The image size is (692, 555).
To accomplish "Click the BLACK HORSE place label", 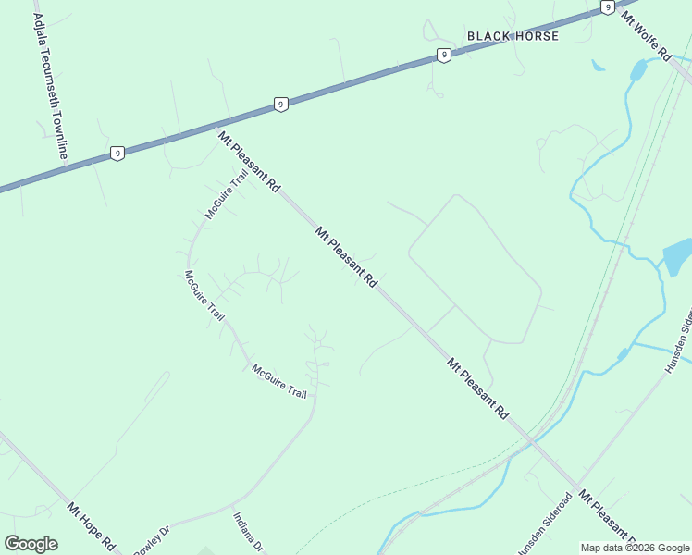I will [513, 36].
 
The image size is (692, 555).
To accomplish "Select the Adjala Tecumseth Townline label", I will [50, 86].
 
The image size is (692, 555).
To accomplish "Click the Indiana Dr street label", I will [248, 532].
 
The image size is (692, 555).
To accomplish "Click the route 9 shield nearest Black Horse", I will [445, 55].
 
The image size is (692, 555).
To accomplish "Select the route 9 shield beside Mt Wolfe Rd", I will [607, 7].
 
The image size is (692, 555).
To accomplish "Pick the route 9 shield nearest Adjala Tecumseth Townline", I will [117, 154].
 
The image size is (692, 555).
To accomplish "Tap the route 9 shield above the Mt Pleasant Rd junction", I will [280, 105].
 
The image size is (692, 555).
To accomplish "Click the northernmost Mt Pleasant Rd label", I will [249, 161].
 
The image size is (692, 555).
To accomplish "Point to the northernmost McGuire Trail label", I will [226, 194].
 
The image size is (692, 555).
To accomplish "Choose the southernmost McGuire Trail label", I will [278, 381].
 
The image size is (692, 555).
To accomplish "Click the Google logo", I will [31, 543].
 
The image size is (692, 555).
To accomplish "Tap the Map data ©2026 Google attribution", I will [635, 548].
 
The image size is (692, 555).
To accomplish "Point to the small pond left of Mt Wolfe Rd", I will [637, 70].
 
